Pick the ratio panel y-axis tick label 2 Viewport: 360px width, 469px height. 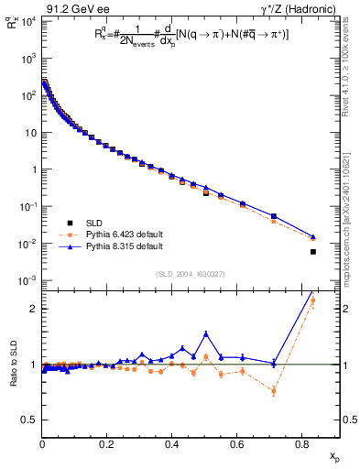click(33, 309)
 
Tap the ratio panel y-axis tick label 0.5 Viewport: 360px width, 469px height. click(29, 420)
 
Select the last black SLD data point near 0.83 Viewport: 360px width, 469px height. click(313, 252)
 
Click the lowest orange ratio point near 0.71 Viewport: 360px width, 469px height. click(274, 391)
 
